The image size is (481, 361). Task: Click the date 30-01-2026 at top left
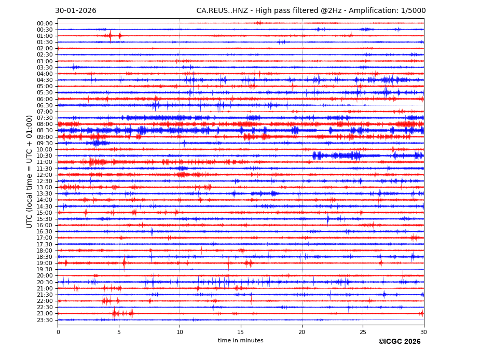click(76, 11)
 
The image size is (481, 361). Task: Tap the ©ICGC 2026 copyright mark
click(399, 342)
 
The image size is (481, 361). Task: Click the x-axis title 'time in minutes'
click(240, 341)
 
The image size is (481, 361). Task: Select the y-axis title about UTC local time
click(30, 172)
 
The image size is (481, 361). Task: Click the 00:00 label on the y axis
click(45, 23)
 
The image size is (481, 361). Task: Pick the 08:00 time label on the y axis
click(45, 124)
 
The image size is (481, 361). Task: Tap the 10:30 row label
click(45, 156)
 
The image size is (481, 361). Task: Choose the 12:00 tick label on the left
click(45, 175)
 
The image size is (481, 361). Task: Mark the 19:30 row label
click(45, 270)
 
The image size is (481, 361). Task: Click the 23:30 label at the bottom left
click(45, 320)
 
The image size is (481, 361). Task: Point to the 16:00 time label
click(45, 226)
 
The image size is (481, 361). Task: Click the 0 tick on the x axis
click(58, 332)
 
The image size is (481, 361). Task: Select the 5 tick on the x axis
click(119, 332)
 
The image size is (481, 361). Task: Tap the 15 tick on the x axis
click(241, 332)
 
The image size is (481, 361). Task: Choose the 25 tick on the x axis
click(363, 332)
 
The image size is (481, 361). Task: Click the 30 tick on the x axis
click(423, 332)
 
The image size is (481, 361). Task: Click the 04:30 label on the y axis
click(45, 80)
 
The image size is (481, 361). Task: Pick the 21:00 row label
click(45, 289)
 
